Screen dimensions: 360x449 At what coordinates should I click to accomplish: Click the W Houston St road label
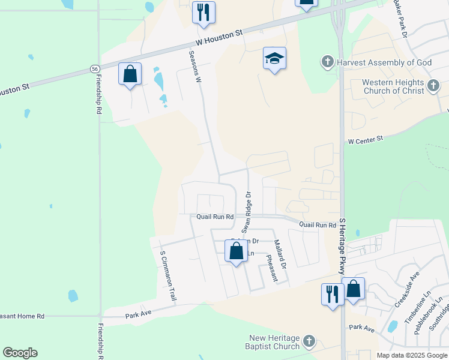click(x=219, y=38)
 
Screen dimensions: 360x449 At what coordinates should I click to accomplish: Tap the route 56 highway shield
click(x=95, y=69)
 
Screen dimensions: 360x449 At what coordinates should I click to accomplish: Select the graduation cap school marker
click(x=274, y=59)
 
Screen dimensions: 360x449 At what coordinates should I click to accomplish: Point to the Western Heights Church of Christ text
click(x=393, y=86)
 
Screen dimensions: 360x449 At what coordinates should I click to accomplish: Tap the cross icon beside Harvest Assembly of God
click(x=327, y=62)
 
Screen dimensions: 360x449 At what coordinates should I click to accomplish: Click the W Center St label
click(x=365, y=139)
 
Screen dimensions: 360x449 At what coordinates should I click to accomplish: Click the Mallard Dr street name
click(x=280, y=254)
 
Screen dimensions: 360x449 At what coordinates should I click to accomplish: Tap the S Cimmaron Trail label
click(x=168, y=275)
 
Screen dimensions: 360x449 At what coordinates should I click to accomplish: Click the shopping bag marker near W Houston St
click(x=130, y=74)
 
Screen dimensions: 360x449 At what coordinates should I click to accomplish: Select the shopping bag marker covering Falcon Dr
click(x=237, y=251)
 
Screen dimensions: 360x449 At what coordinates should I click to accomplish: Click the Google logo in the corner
click(x=20, y=353)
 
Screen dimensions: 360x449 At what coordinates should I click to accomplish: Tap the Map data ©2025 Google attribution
click(x=411, y=355)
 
